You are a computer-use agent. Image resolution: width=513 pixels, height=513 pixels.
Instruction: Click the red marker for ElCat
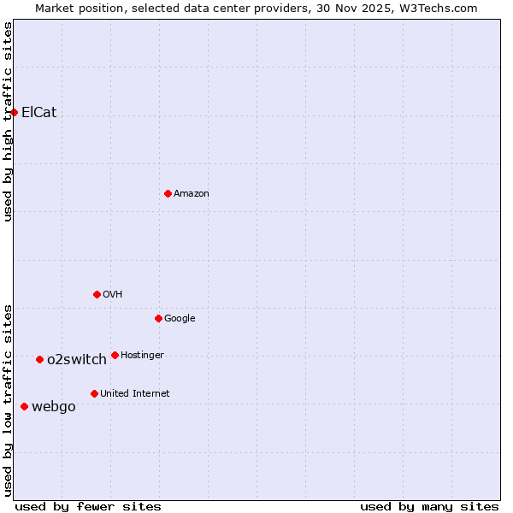[14, 112]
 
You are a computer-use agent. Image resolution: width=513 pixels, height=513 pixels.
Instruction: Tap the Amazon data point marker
[168, 193]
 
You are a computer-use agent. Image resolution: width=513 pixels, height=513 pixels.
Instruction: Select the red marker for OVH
[97, 294]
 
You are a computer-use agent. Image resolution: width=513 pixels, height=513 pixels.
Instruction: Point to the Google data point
[158, 318]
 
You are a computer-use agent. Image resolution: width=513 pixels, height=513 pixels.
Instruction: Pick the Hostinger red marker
[115, 355]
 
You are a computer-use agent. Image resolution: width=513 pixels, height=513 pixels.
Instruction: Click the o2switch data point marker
[39, 359]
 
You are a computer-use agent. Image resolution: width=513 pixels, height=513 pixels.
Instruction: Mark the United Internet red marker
[94, 393]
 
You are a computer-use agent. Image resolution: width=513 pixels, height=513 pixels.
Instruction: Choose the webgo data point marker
[24, 406]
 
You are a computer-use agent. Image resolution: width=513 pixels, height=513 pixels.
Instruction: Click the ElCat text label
[38, 112]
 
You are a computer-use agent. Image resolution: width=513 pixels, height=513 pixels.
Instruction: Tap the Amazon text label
[192, 193]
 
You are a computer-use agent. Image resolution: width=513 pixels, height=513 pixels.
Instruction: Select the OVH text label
[113, 294]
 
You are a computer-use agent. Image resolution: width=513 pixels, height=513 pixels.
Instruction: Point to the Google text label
[180, 318]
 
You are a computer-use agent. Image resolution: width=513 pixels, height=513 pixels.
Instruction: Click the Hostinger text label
[142, 355]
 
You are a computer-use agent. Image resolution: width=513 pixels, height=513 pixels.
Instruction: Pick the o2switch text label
[77, 359]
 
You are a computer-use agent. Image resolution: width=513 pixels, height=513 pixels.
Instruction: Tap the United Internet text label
[135, 393]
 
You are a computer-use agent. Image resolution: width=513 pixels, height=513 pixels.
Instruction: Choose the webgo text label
[54, 406]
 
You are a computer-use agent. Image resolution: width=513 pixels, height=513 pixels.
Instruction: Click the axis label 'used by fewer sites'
[88, 506]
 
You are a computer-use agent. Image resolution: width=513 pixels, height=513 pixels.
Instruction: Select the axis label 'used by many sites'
[429, 506]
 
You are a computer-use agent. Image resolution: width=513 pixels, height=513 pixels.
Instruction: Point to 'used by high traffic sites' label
[8, 121]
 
